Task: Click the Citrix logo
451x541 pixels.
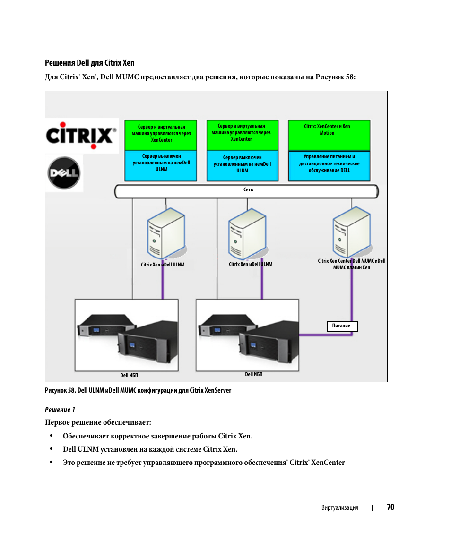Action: [x=81, y=136]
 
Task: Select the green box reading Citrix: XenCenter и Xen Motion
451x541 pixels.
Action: [x=329, y=135]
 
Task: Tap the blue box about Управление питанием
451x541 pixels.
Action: [x=329, y=165]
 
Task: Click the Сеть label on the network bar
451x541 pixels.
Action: [x=248, y=190]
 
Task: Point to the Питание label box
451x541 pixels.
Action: [x=342, y=326]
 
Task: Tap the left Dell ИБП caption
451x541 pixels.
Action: [x=129, y=376]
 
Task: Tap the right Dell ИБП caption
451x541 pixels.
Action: [x=254, y=374]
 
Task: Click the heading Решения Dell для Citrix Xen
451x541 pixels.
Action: [x=90, y=63]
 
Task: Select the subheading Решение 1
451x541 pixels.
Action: [x=60, y=410]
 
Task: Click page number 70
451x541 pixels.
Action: [x=390, y=507]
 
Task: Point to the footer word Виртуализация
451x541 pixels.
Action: [x=339, y=508]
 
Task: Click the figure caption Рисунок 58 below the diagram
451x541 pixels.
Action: [x=138, y=390]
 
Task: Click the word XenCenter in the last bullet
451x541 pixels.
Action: [x=328, y=463]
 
